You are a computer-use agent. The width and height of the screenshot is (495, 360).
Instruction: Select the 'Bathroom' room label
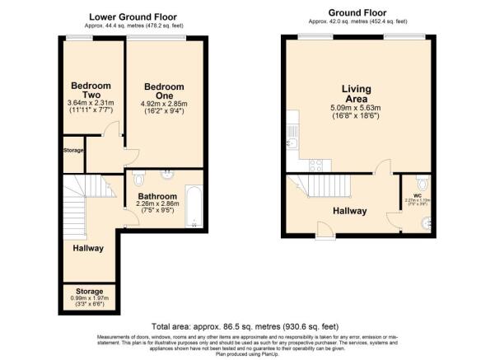(x=156, y=196)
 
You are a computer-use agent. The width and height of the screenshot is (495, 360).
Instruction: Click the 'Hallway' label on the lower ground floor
(x=87, y=248)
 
